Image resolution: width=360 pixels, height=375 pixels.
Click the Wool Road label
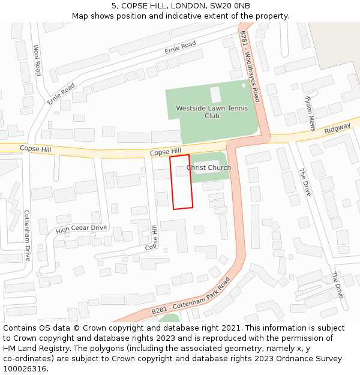(x=37, y=60)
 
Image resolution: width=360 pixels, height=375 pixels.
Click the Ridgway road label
(x=337, y=129)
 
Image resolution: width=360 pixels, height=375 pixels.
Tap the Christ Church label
(x=209, y=167)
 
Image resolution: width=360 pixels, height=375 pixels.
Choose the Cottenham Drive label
(x=27, y=235)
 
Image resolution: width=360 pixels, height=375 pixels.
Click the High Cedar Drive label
(x=81, y=229)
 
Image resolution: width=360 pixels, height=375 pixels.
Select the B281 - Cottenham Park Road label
(x=191, y=297)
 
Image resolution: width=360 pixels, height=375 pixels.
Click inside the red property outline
(x=181, y=182)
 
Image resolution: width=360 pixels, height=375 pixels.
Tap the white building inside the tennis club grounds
(x=215, y=94)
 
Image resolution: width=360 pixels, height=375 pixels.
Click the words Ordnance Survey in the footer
(x=313, y=359)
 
